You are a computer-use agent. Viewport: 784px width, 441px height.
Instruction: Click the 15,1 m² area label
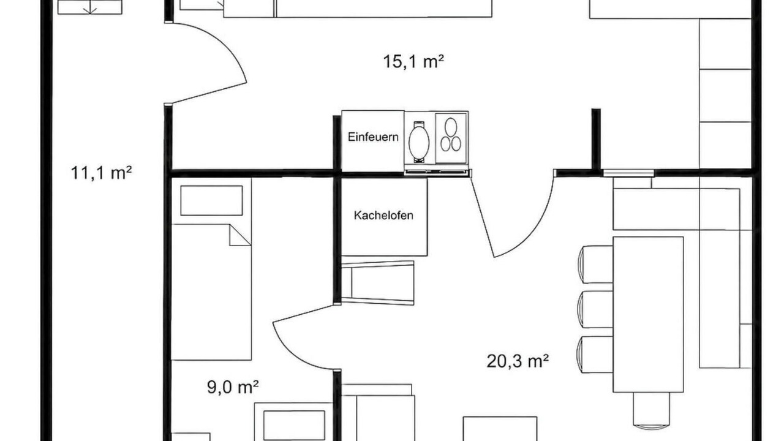(413, 62)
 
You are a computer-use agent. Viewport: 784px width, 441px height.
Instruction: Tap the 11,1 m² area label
(101, 173)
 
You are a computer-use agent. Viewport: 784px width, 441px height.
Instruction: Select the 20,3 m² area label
(518, 361)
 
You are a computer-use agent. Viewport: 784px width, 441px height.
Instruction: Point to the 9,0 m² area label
(233, 387)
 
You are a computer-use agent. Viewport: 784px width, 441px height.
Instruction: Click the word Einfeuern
(373, 137)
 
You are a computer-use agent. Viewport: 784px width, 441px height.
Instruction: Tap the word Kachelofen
(383, 215)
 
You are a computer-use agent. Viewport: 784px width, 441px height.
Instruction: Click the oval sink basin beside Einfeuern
(419, 142)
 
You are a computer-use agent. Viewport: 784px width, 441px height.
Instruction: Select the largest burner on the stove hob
(451, 127)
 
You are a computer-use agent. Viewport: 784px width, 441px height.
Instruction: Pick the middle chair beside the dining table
(595, 309)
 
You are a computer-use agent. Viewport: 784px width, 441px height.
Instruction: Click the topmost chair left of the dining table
(595, 264)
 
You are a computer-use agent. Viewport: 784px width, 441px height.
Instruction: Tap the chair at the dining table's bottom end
(651, 410)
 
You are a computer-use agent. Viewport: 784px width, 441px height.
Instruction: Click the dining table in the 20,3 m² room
(648, 315)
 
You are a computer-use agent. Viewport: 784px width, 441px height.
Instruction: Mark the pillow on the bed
(211, 200)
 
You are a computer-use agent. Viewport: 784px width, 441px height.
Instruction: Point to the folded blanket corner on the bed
(239, 235)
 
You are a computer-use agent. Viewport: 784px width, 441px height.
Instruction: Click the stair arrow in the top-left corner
(90, 8)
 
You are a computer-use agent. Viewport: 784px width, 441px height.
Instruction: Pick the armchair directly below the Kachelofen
(377, 283)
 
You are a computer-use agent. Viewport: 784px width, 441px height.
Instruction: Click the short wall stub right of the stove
(596, 138)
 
